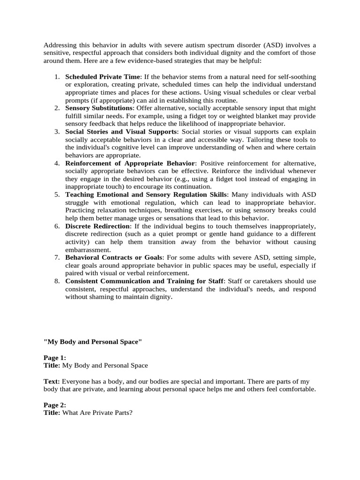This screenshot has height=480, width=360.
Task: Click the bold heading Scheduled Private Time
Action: (x=102, y=76)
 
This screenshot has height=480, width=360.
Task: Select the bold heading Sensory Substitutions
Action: (x=99, y=108)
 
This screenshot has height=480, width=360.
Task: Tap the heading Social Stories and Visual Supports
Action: (x=121, y=132)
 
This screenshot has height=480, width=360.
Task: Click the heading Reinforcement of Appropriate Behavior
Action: (x=129, y=163)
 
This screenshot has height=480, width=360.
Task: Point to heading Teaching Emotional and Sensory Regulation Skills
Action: (x=146, y=195)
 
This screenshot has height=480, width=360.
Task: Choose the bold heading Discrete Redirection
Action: (x=97, y=226)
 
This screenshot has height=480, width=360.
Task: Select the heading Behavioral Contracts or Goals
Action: (x=114, y=258)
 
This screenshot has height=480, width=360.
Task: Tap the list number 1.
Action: (x=57, y=76)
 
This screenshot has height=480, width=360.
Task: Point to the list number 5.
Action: (x=57, y=195)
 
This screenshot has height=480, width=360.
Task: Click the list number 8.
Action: (x=57, y=281)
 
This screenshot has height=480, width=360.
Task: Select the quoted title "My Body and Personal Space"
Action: (x=92, y=342)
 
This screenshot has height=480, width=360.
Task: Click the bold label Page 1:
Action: (x=55, y=358)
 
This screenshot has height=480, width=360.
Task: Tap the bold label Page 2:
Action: (x=55, y=405)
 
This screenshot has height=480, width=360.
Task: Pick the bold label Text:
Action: (x=52, y=382)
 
